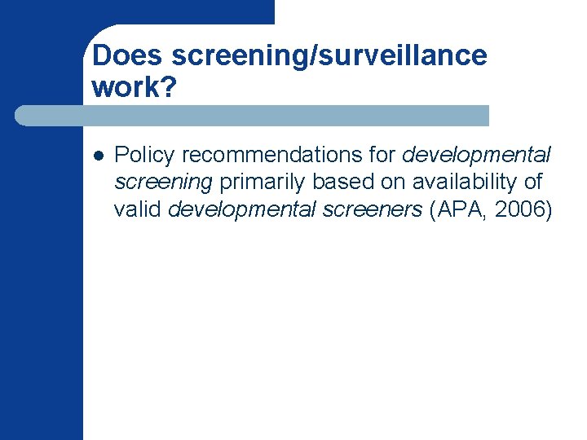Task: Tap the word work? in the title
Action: [134, 87]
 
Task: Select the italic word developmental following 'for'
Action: [478, 154]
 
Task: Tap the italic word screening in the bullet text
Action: [163, 182]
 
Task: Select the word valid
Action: [138, 209]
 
